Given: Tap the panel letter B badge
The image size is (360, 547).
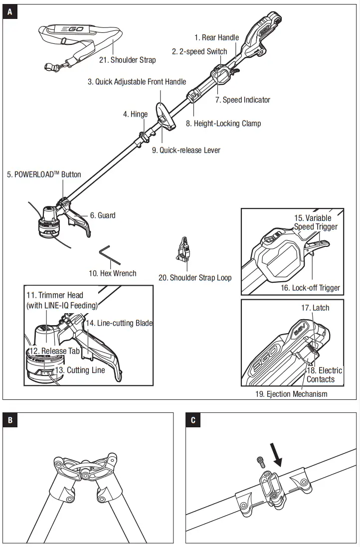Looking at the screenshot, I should point(9,420).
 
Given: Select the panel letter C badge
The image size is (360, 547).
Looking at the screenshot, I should point(193,420).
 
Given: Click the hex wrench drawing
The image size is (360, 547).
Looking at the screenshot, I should point(110,255).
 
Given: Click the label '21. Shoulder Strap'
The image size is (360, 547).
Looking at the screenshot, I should point(127,60).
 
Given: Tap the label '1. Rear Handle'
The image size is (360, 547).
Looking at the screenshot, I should point(216,37).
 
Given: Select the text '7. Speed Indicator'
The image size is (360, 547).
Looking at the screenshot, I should point(242,100).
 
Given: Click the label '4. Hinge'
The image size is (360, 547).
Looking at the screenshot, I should point(135,114).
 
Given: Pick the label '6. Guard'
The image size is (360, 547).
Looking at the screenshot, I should point(102,215).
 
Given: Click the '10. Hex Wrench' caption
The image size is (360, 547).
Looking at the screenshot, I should point(112,273).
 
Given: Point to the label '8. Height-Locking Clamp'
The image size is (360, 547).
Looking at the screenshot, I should point(223,123).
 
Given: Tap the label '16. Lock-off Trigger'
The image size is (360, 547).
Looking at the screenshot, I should point(310,288).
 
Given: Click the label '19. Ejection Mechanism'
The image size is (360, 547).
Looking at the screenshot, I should point(291,394).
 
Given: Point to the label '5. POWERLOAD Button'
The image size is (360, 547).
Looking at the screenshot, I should point(44,175).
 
